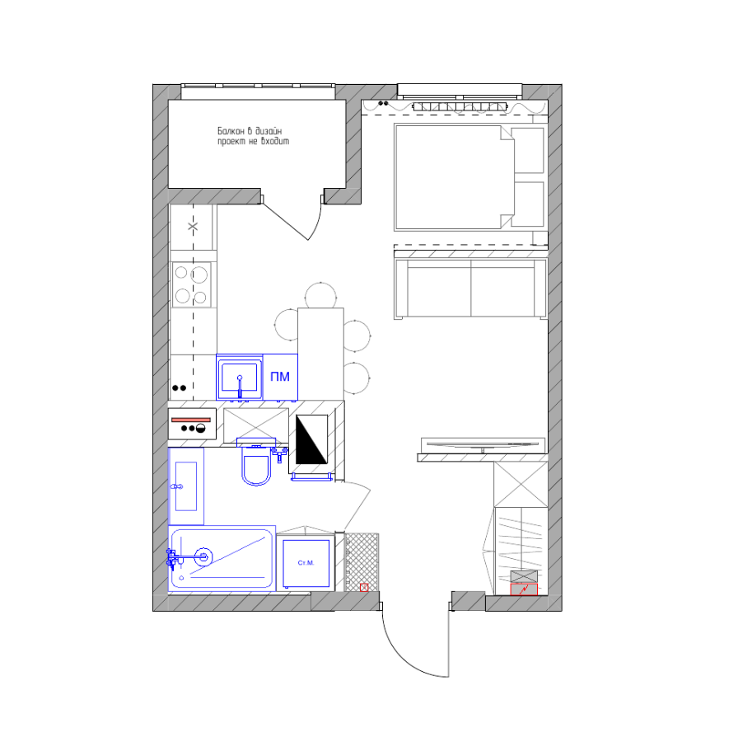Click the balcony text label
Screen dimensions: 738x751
[x=253, y=136]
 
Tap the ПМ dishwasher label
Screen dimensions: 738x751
[x=280, y=377]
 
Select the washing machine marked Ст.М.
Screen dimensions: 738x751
[x=306, y=563]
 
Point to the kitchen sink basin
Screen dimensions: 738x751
[x=240, y=378]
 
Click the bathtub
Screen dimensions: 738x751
[x=222, y=558]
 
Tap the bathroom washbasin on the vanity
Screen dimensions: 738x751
[x=186, y=486]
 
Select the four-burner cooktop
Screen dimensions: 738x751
[x=192, y=285]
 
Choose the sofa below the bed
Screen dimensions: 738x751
[x=470, y=289]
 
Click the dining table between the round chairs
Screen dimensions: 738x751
[x=320, y=354]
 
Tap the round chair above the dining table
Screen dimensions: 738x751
[x=320, y=295]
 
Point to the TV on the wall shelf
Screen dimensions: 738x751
[x=483, y=445]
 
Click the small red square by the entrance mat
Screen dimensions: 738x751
[x=364, y=587]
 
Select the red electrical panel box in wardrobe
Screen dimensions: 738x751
[x=524, y=589]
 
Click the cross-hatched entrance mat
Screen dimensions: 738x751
[x=362, y=562]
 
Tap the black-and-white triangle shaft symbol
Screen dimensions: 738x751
[x=311, y=439]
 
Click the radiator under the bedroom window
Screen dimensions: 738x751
[x=460, y=107]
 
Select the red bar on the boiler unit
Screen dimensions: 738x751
[x=191, y=420]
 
